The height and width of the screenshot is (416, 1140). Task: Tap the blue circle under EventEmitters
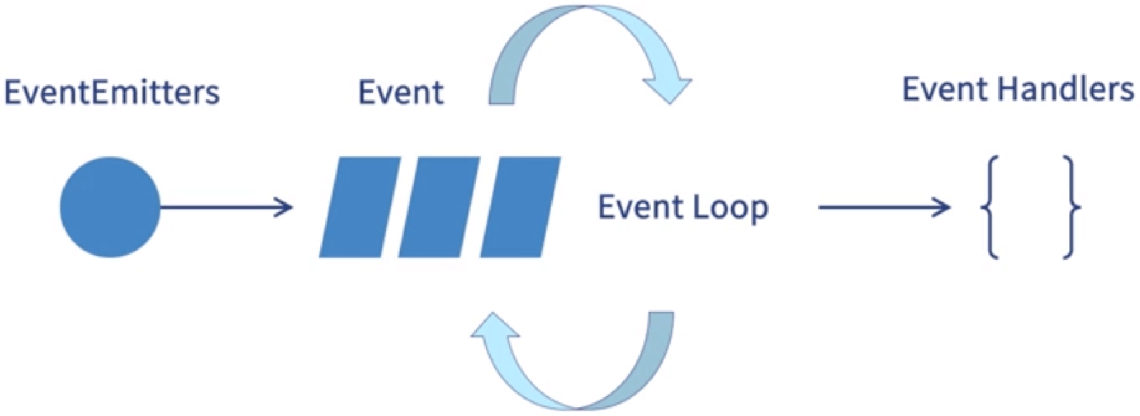[110, 207]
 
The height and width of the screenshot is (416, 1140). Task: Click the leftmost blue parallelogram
[359, 207]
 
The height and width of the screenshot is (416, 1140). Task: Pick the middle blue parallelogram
[438, 207]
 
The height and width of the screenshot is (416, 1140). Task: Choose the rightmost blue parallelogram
[520, 207]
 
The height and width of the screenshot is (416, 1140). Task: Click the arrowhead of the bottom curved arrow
[495, 328]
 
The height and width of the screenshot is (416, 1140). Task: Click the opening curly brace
[990, 207]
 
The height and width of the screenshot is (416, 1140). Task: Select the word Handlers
[1065, 90]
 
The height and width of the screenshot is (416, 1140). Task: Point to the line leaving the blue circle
[217, 207]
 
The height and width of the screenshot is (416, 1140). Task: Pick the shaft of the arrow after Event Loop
[875, 207]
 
